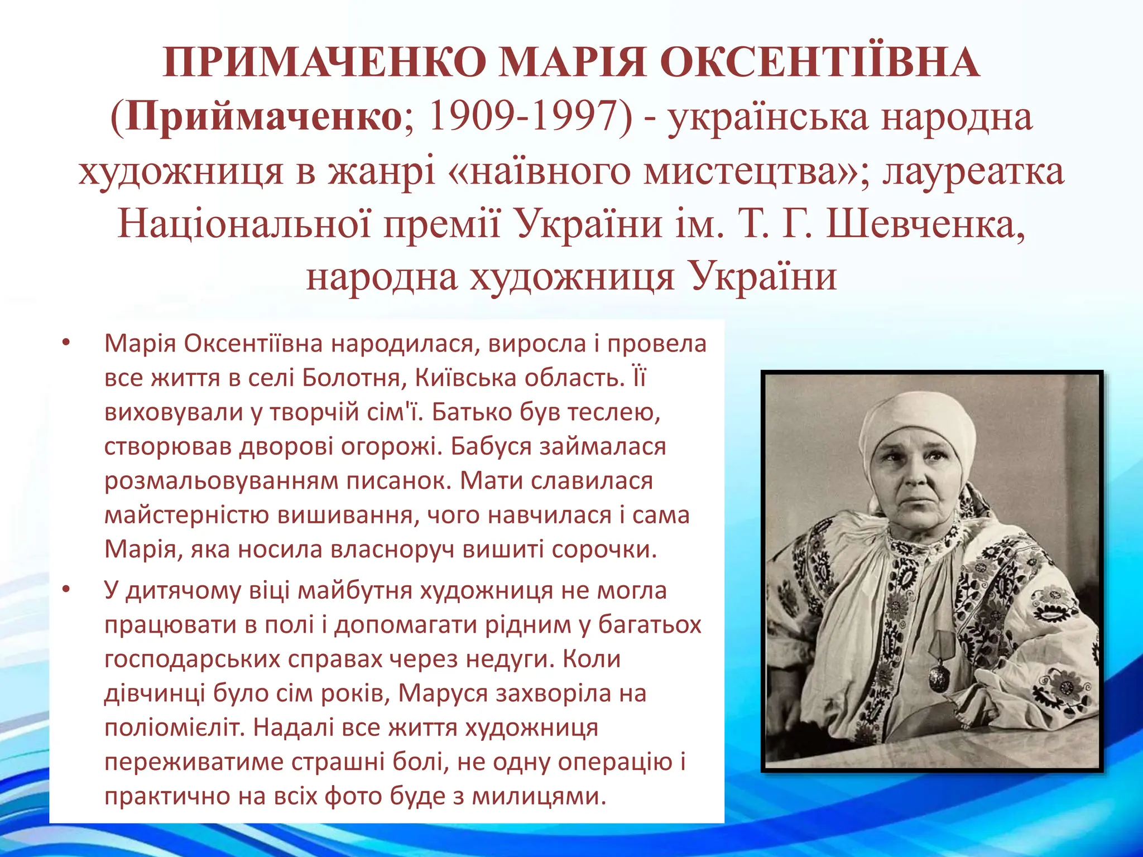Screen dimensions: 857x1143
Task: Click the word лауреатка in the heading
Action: pyautogui.click(x=973, y=171)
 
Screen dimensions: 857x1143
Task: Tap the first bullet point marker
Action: pyautogui.click(x=66, y=343)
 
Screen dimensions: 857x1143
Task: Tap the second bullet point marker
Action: pyautogui.click(x=66, y=589)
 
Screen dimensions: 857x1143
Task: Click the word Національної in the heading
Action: pyautogui.click(x=244, y=224)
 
